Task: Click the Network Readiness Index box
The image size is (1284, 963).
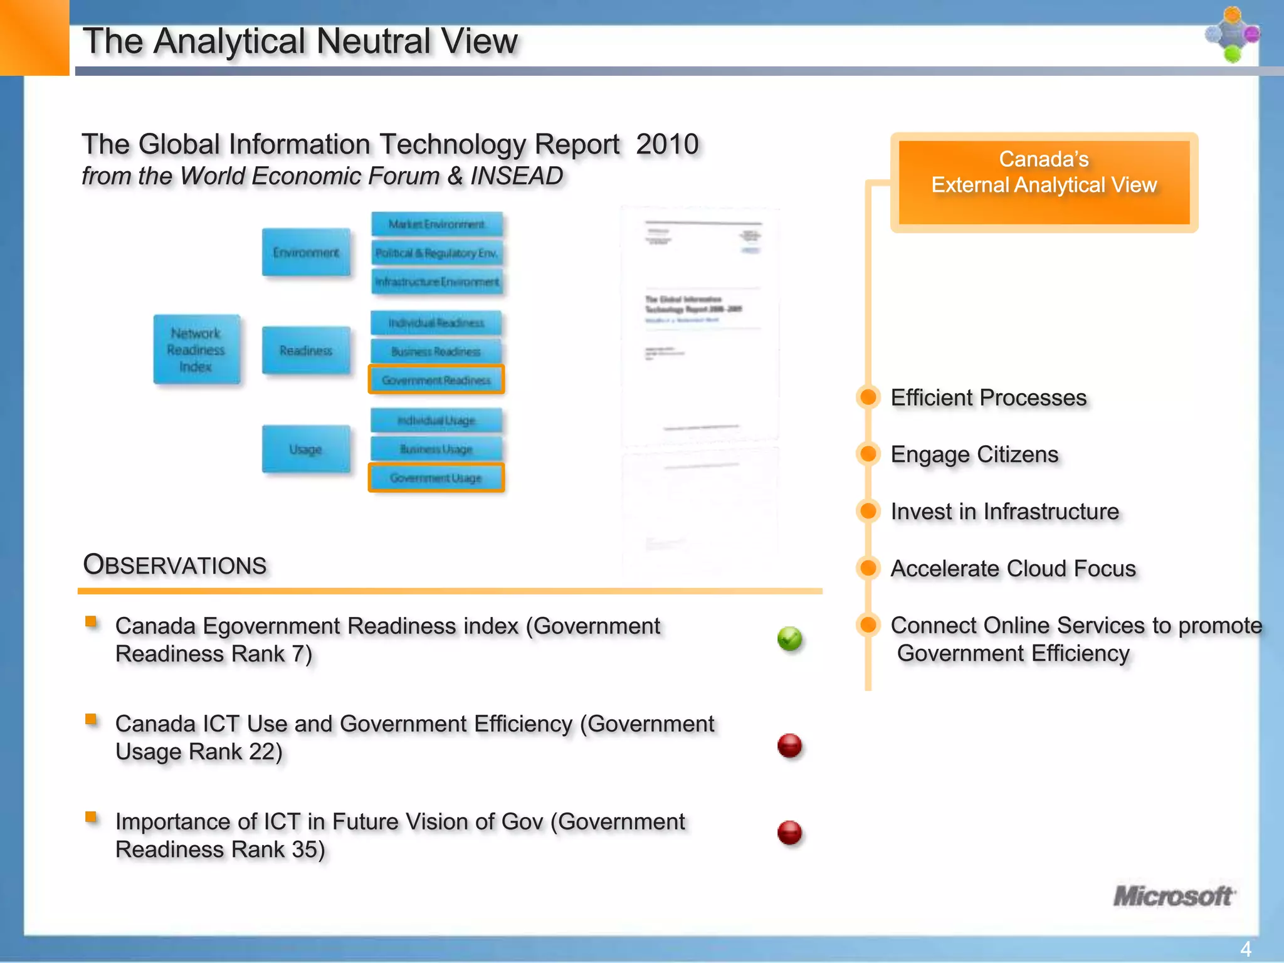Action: click(196, 349)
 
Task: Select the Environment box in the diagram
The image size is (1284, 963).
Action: click(306, 252)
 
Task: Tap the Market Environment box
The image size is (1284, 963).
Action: click(436, 224)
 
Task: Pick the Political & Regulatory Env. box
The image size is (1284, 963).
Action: click(436, 253)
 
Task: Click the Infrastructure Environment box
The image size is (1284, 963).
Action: click(436, 282)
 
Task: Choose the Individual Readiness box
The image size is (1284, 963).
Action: click(436, 323)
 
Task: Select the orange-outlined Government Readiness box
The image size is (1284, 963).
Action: click(436, 380)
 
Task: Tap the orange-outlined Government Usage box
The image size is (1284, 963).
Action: click(436, 478)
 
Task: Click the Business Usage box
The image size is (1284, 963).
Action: click(436, 449)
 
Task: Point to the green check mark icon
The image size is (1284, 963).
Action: click(789, 639)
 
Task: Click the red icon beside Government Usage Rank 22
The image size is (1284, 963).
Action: click(789, 745)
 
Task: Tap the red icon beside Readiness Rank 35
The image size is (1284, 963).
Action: click(789, 833)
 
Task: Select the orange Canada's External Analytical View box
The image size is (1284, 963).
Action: click(1044, 182)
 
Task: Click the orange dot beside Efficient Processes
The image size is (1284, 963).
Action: click(868, 397)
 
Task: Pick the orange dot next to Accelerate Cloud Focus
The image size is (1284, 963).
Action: click(868, 568)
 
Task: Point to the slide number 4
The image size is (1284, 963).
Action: click(1245, 949)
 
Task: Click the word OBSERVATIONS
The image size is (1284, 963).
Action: click(175, 565)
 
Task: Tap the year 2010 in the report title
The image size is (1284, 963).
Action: click(667, 144)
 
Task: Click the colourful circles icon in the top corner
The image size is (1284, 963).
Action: click(1232, 34)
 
